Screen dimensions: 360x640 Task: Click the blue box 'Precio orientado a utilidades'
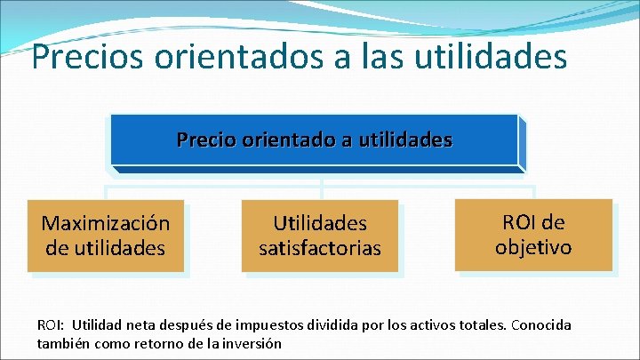tap(314, 140)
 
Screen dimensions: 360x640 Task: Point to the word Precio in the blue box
tap(206, 140)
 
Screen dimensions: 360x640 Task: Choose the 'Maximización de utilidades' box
tap(105, 235)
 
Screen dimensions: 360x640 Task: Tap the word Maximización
tap(105, 222)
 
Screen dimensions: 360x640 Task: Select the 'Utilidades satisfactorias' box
tap(319, 235)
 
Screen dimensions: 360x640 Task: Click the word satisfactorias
tap(319, 248)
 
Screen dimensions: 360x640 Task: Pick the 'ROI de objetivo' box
tap(533, 235)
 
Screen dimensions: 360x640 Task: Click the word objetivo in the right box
tap(533, 247)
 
